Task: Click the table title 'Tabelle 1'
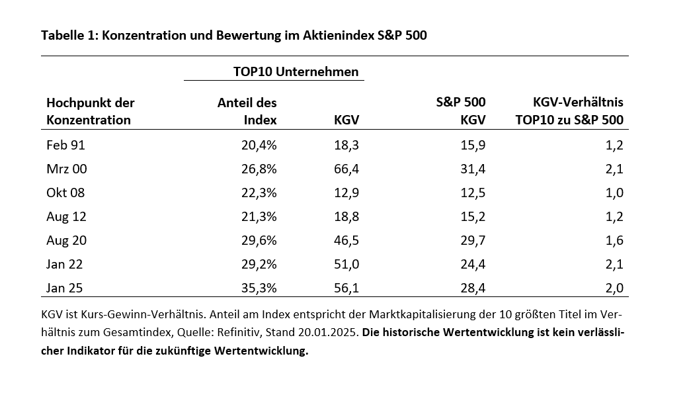click(67, 36)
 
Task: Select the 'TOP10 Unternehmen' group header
click(296, 71)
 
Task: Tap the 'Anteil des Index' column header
click(247, 111)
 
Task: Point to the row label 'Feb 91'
click(65, 145)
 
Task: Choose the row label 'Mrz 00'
click(66, 169)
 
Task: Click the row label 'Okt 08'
click(65, 193)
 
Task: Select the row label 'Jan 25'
click(65, 288)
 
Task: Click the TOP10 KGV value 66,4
click(346, 169)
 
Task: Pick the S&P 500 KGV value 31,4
click(473, 169)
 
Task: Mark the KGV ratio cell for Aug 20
click(614, 240)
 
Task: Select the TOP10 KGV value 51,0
click(346, 264)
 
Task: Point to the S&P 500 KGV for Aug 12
click(473, 216)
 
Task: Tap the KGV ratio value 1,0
click(614, 193)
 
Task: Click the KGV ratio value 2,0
click(614, 288)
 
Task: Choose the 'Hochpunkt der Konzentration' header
click(90, 111)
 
